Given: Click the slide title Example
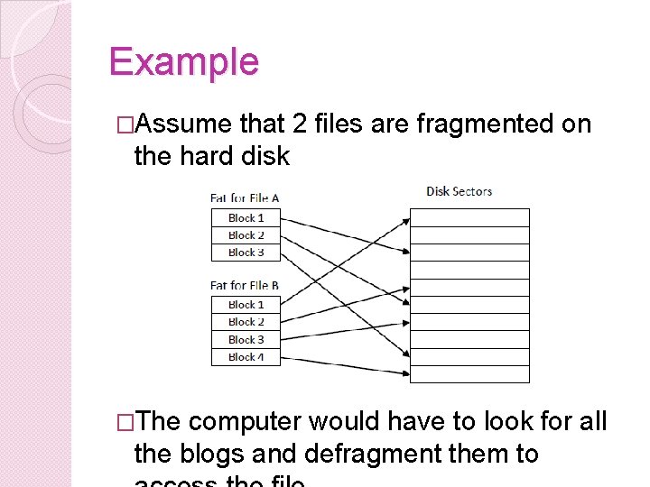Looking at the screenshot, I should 183,61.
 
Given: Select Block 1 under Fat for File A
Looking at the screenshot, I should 246,217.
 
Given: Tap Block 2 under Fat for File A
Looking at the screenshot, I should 246,235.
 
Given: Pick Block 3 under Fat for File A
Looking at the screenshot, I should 246,253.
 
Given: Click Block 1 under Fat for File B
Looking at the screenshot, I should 246,305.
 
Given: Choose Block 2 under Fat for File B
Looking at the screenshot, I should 246,322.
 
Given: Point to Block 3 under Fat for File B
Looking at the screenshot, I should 246,340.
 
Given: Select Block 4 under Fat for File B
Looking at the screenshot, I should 246,357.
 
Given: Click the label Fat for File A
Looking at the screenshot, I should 244,198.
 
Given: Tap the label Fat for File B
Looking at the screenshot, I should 244,286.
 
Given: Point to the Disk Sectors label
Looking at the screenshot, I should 459,191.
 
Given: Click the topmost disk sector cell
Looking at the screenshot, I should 469,217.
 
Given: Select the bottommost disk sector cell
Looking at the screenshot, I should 469,374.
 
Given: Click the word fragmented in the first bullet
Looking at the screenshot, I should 485,124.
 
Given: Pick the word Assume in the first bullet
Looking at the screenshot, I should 186,124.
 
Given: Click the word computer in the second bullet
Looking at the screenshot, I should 247,421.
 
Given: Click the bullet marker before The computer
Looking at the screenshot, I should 125,421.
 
